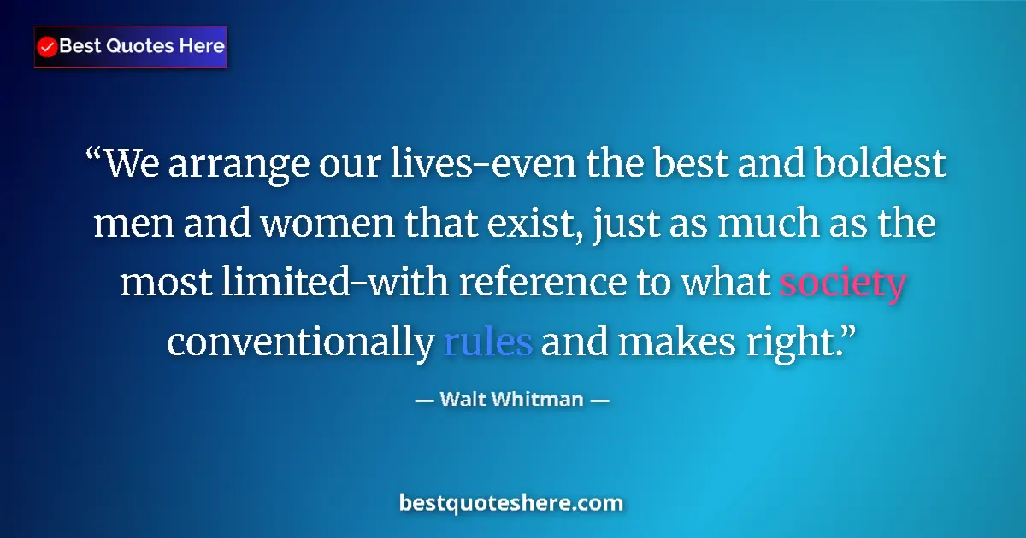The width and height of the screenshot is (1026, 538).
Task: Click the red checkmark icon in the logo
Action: point(48,47)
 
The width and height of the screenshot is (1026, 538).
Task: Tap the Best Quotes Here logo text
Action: point(142,46)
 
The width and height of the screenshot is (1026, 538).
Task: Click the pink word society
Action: point(842,284)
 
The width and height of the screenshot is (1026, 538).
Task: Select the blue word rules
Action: point(488,342)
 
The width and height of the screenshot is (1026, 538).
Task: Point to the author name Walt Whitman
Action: point(511,399)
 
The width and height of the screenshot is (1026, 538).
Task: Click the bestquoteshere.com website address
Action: point(511,503)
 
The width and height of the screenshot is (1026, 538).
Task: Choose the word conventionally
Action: point(300,342)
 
